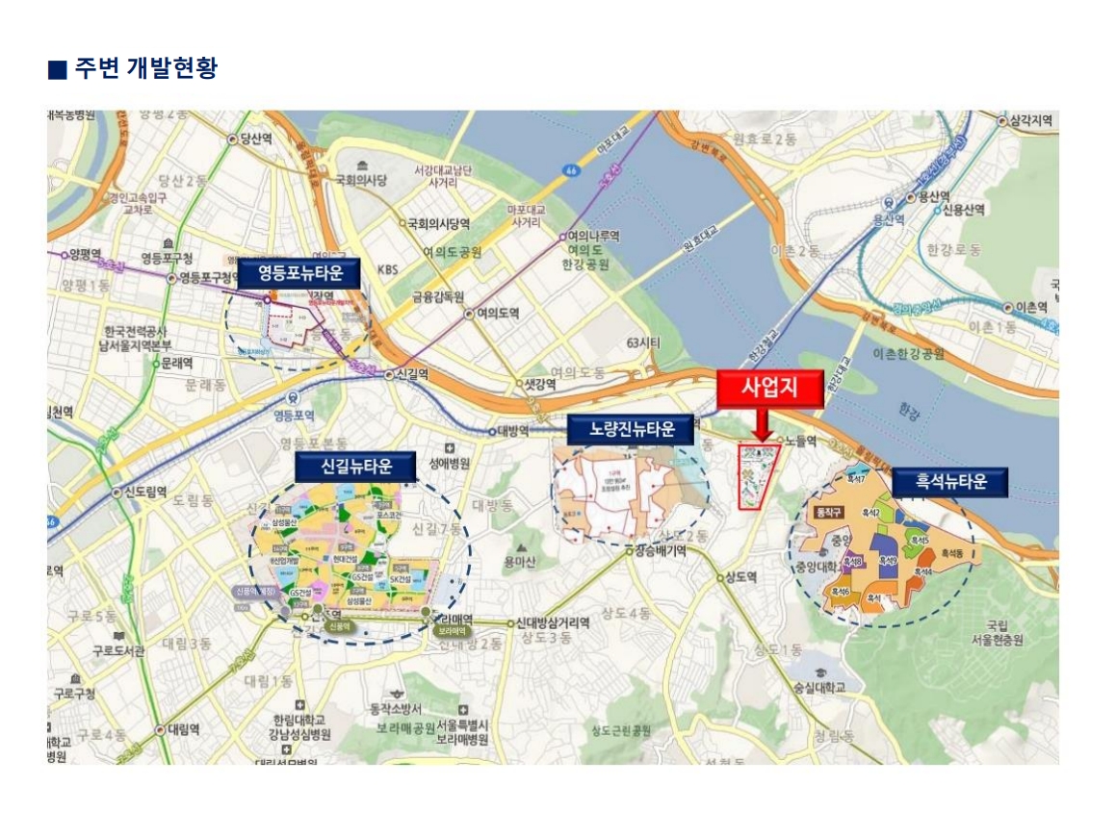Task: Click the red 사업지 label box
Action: [770, 389]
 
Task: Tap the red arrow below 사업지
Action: [762, 424]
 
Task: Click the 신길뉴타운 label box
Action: [357, 467]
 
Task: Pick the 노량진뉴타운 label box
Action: [631, 429]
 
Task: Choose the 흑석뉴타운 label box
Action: [950, 482]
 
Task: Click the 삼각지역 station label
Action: [1030, 120]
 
